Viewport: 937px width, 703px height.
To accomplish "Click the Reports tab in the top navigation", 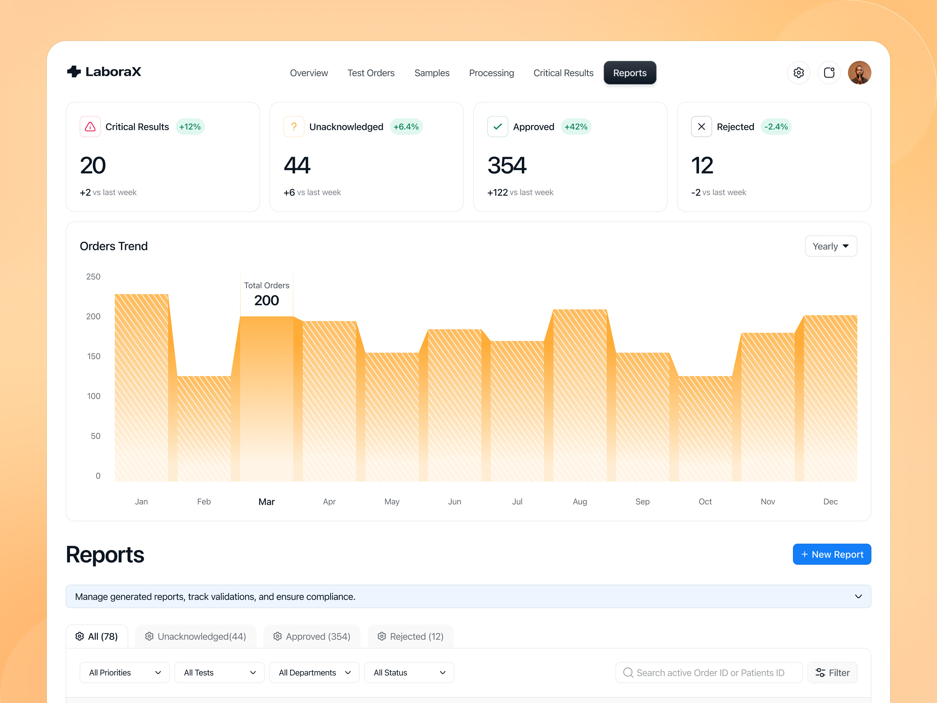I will click(x=630, y=73).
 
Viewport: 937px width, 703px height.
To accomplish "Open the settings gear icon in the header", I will click(x=798, y=73).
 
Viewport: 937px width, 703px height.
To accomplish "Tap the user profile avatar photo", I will click(x=859, y=73).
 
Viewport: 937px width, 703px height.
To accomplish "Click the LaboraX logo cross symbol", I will click(x=74, y=71).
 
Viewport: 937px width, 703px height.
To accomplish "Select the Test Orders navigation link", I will click(x=371, y=73).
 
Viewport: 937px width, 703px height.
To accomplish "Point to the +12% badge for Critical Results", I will click(x=190, y=127).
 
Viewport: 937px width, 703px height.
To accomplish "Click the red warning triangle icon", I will click(x=90, y=127).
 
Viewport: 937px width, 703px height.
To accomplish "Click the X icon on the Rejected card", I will click(x=701, y=127).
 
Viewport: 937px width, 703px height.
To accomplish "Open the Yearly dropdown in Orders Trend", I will click(x=831, y=246).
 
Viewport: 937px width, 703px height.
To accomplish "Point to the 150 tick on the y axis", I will click(x=94, y=356).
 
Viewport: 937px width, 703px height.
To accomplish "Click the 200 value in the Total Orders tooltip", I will click(x=266, y=301).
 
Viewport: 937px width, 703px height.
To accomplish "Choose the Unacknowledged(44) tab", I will click(x=196, y=637).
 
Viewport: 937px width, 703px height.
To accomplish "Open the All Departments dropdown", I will click(x=314, y=673).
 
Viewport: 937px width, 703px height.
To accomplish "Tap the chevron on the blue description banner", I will click(x=858, y=597).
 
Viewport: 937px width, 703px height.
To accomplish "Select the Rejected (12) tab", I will click(x=411, y=637).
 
